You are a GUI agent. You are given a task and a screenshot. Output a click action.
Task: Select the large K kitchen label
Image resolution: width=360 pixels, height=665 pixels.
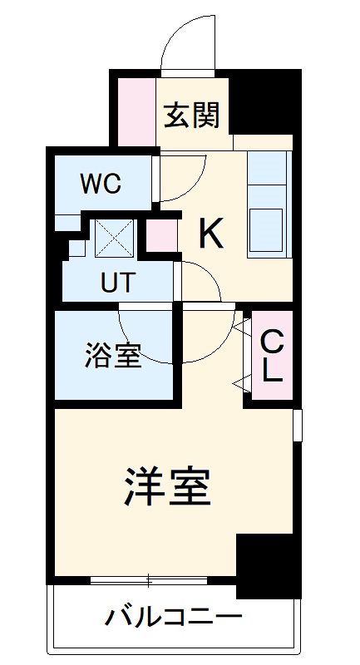[211, 235]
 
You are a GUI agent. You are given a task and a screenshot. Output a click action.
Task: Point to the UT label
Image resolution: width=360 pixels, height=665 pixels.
[116, 283]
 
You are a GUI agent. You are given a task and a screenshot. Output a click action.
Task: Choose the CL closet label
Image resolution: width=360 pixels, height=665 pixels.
[272, 356]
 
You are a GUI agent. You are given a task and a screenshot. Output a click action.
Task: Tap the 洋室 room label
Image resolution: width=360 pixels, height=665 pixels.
[167, 488]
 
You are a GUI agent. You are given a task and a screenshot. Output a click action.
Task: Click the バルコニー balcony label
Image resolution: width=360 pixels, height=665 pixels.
[174, 618]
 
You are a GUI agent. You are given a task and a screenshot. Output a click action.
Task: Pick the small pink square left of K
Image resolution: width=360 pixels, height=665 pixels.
[164, 236]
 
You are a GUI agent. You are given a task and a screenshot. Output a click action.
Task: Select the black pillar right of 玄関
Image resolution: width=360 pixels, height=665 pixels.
[264, 103]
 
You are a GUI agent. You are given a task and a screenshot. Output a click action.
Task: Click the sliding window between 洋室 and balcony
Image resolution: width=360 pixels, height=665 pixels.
[149, 580]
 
